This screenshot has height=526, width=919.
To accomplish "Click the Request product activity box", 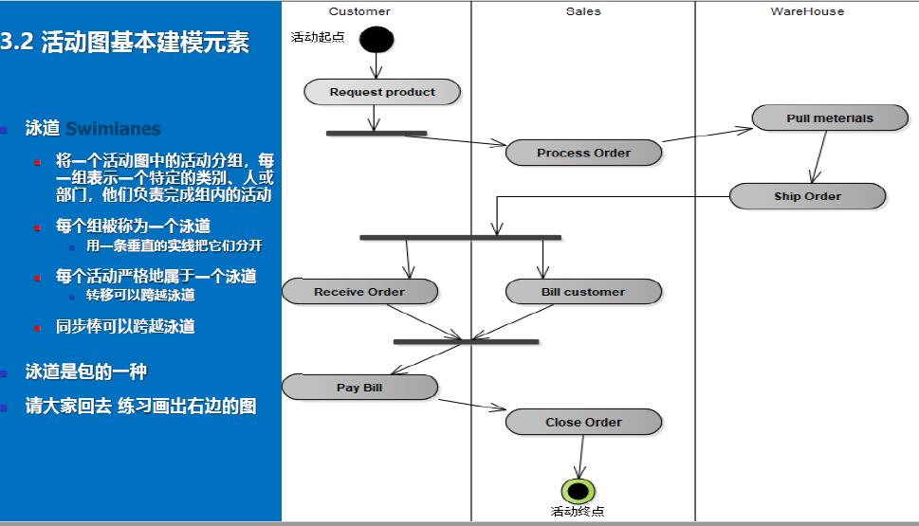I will click(x=382, y=92).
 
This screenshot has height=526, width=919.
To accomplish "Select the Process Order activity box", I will click(x=583, y=153).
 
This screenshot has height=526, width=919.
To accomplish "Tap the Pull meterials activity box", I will click(x=829, y=118).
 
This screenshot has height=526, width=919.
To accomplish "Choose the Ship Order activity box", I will click(x=807, y=196).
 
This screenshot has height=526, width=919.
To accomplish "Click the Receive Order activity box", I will click(x=359, y=292).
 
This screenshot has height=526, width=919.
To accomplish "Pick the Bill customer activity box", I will click(x=583, y=292).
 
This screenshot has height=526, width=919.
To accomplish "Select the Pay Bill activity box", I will click(x=359, y=388).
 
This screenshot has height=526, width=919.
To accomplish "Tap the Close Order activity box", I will click(x=583, y=423).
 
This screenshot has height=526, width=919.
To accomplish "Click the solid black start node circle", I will click(x=377, y=39).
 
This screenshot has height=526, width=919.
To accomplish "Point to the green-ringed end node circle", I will click(x=578, y=491).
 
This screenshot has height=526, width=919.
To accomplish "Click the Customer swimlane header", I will click(x=359, y=11).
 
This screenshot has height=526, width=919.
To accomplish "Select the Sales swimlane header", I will click(x=583, y=11).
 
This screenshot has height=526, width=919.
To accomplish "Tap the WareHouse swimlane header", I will click(x=807, y=11).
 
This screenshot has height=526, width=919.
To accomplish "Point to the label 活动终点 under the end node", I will click(x=578, y=512).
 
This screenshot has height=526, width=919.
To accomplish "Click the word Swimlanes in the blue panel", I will click(x=113, y=129).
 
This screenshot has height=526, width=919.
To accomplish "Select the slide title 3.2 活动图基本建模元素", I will click(x=125, y=43).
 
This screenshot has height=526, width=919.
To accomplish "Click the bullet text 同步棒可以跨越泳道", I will click(x=125, y=327).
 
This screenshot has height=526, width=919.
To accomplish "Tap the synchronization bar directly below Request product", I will click(x=377, y=134).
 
